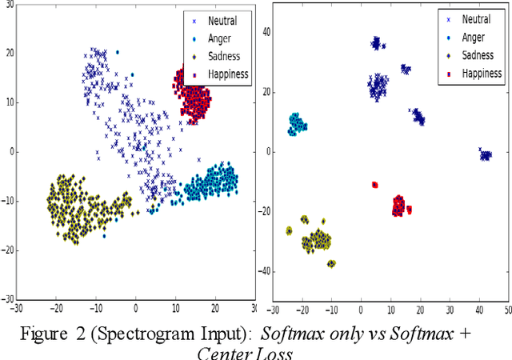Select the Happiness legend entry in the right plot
click(478, 74)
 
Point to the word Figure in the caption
click(42, 334)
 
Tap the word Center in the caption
click(221, 353)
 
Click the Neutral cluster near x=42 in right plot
click(484, 154)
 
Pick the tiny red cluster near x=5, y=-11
click(374, 185)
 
